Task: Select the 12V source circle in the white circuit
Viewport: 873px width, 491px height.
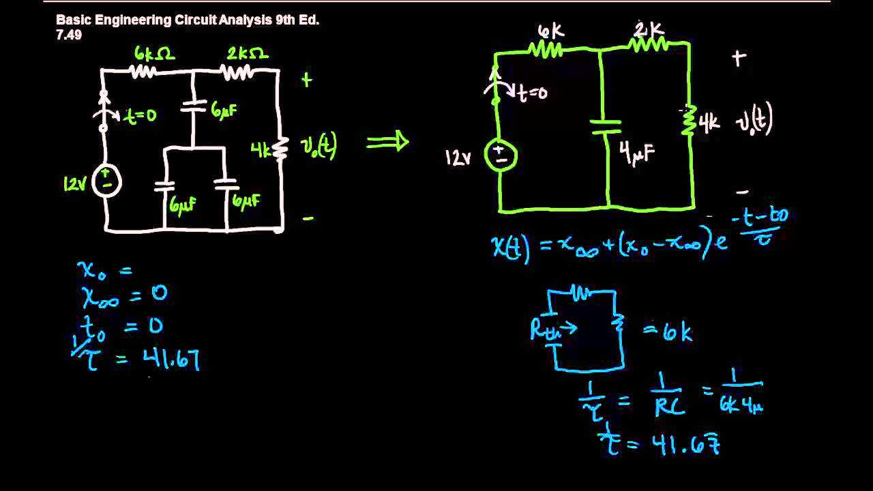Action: (x=107, y=182)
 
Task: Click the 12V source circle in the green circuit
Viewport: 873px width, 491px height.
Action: (x=501, y=155)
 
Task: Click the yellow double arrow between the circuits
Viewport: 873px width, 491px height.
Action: (x=387, y=142)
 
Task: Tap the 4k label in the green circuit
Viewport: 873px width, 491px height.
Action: (x=709, y=123)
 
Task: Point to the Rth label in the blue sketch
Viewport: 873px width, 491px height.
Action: (x=544, y=330)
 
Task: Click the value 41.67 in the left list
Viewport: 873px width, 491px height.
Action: (x=171, y=358)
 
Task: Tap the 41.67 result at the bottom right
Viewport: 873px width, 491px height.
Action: (x=685, y=445)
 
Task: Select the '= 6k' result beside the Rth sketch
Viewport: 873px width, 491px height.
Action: (x=668, y=332)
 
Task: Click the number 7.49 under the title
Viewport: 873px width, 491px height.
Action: (x=69, y=35)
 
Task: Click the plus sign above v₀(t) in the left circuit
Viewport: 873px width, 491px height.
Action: (x=307, y=80)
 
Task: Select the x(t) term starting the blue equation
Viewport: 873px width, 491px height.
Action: (x=510, y=248)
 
